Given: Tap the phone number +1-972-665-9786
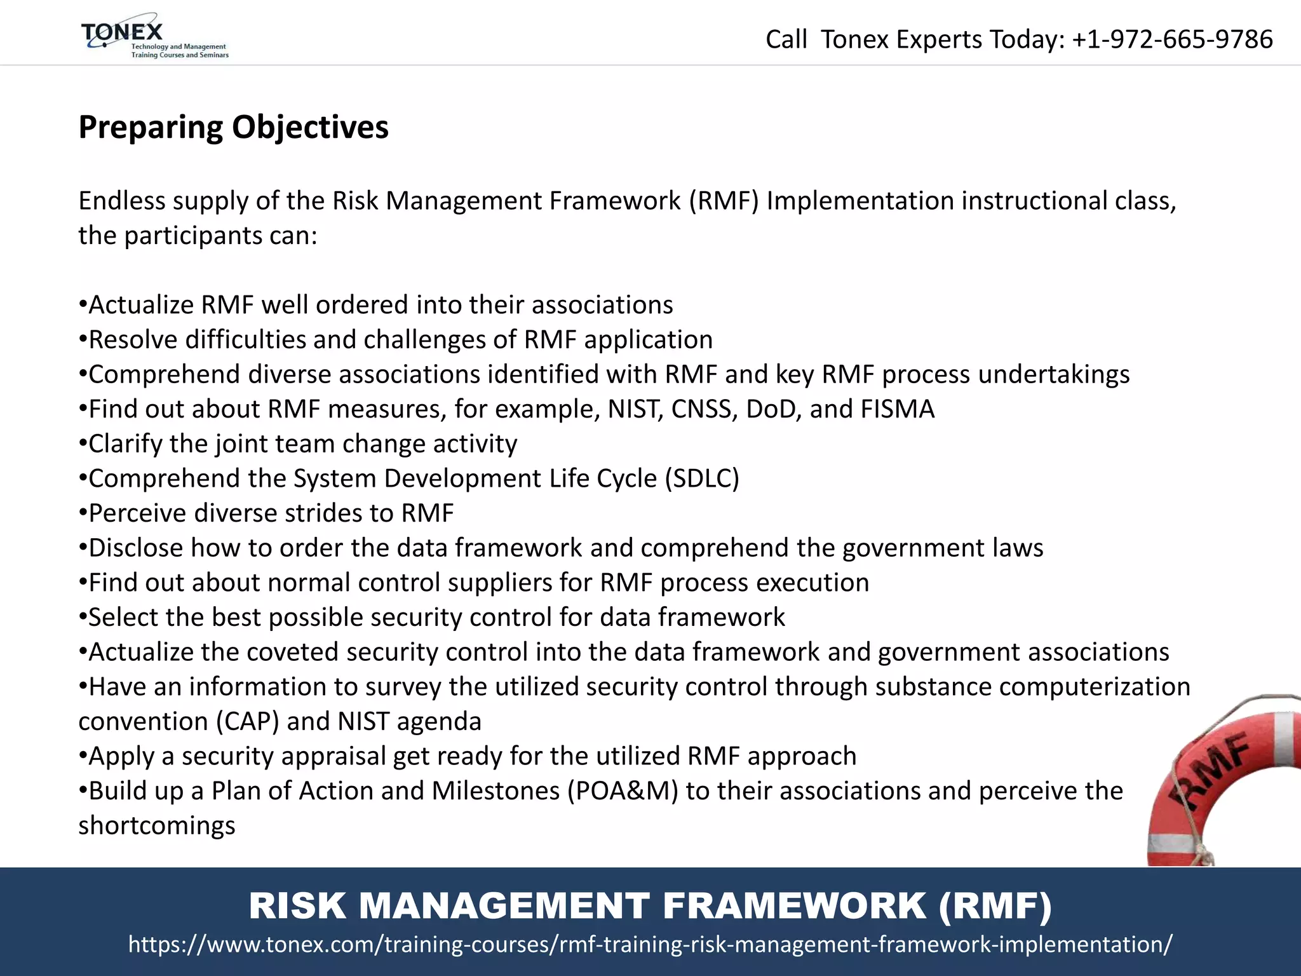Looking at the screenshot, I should click(1172, 39).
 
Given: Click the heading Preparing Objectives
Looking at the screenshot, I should click(233, 127).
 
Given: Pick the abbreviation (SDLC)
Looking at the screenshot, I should click(702, 478).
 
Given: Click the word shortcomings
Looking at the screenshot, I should click(157, 826).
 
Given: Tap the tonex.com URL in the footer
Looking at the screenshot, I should click(650, 944).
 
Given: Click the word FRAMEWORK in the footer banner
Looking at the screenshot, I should click(794, 905).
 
